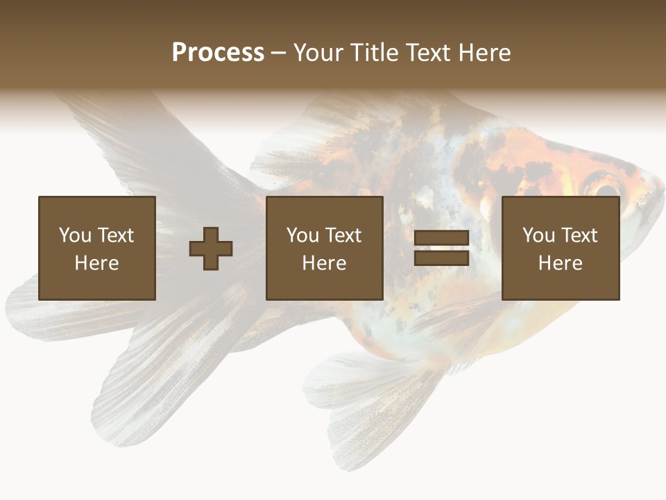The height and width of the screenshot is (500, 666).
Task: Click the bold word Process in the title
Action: (218, 53)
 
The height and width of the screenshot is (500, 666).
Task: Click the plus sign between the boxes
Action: (211, 248)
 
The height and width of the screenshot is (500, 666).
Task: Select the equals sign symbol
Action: (441, 248)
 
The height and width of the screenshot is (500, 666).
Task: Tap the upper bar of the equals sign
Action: (441, 238)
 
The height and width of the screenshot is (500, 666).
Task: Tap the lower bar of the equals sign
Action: (441, 258)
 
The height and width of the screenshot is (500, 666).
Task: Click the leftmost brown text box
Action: (97, 248)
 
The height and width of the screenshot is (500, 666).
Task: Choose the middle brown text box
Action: (325, 248)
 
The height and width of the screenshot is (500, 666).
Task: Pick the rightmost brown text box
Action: (561, 248)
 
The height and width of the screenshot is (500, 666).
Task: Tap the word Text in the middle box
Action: (343, 235)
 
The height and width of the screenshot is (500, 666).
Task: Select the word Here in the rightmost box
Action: (561, 263)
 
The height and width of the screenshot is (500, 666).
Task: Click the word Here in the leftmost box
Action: (97, 263)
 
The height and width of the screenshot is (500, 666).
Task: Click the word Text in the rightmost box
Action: (579, 235)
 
